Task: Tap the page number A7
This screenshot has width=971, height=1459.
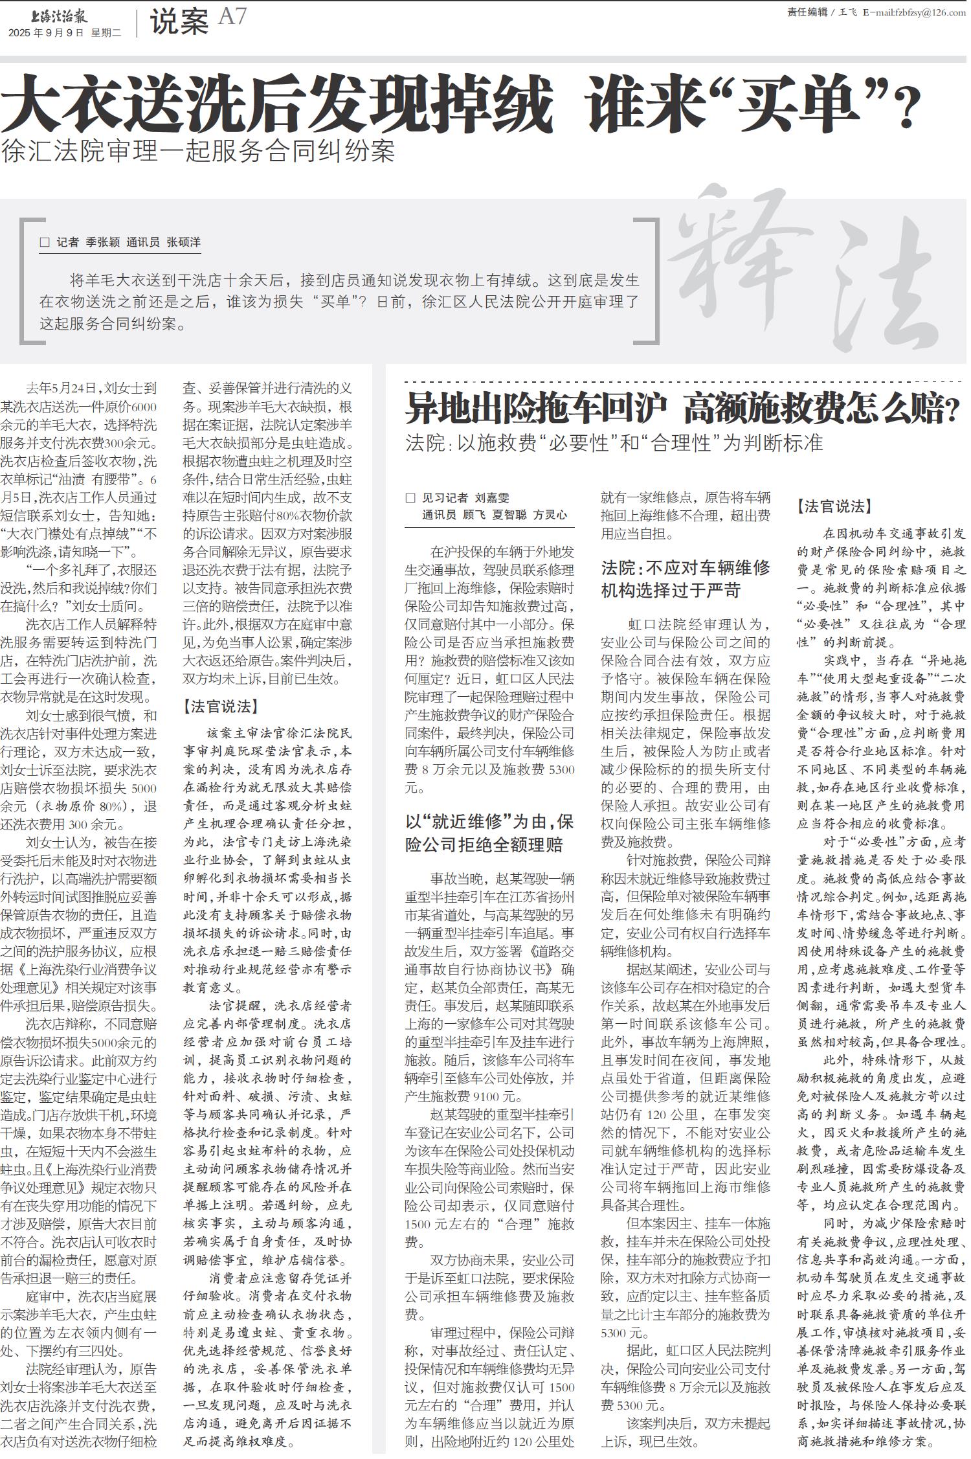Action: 232,17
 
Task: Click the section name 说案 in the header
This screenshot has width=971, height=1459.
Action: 179,22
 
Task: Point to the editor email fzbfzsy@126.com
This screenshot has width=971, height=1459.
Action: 919,12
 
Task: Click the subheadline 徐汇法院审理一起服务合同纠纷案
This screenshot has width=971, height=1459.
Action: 198,152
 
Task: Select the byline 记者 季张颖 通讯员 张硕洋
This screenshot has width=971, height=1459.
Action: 128,242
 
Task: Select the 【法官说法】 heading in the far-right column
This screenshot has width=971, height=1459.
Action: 834,506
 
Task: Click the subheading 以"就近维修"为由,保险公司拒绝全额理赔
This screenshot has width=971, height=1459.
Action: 489,833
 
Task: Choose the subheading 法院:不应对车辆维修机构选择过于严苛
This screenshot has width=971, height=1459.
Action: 686,579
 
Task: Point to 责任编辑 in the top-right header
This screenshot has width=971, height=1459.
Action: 807,12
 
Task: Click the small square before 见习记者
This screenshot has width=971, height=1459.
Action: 410,498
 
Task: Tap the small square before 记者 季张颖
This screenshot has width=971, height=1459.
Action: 45,242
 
